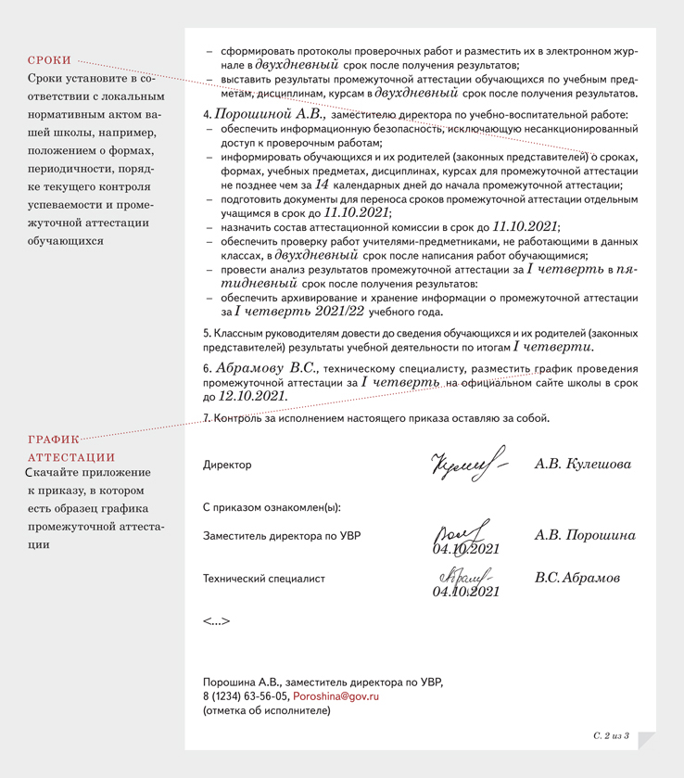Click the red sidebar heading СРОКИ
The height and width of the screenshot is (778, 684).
(x=49, y=59)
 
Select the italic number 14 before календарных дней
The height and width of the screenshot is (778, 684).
(x=323, y=185)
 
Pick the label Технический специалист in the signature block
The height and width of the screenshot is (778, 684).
(x=264, y=579)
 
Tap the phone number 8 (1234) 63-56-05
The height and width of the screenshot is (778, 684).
(x=246, y=695)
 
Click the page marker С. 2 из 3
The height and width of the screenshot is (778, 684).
(x=611, y=735)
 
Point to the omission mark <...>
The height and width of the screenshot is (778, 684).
(x=216, y=621)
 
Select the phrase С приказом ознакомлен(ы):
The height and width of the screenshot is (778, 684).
(x=272, y=507)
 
